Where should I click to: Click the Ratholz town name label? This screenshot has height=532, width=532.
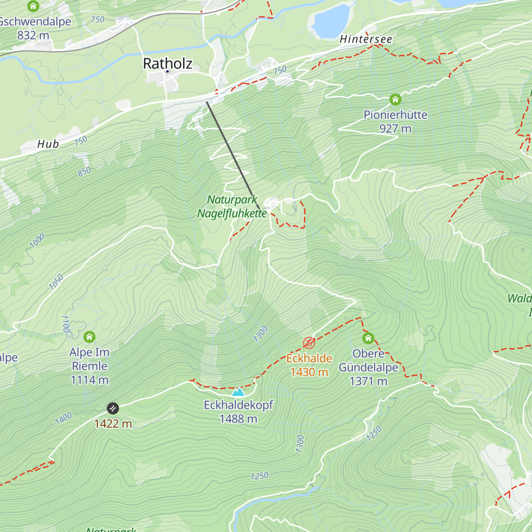click(x=168, y=63)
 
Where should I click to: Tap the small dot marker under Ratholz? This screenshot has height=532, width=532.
click(x=168, y=71)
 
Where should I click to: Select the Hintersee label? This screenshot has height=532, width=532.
click(x=366, y=39)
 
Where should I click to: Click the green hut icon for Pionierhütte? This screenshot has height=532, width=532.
click(x=395, y=99)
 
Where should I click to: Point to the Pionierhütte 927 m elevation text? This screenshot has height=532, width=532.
click(x=395, y=129)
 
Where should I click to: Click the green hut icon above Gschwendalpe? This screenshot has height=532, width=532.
click(x=33, y=6)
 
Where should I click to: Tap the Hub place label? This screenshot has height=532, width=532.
click(x=48, y=144)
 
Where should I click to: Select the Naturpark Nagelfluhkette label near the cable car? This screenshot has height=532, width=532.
click(x=232, y=207)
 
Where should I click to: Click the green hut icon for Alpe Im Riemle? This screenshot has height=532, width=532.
click(x=90, y=337)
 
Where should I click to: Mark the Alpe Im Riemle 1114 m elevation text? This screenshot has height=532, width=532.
click(x=90, y=380)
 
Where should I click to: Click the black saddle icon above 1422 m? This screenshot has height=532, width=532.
click(x=113, y=408)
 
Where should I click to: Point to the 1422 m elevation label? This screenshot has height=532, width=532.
click(x=113, y=424)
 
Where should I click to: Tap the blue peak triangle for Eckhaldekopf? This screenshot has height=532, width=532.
click(x=238, y=392)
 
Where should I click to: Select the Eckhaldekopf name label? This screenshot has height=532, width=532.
click(x=238, y=405)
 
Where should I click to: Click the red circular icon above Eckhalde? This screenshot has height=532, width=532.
click(x=309, y=343)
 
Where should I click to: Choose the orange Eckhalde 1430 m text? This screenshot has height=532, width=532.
click(x=309, y=365)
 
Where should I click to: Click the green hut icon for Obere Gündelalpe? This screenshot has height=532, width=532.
click(x=368, y=338)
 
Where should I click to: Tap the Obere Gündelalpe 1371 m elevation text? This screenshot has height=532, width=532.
click(x=368, y=381)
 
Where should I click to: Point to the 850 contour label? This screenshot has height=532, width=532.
click(x=84, y=172)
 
